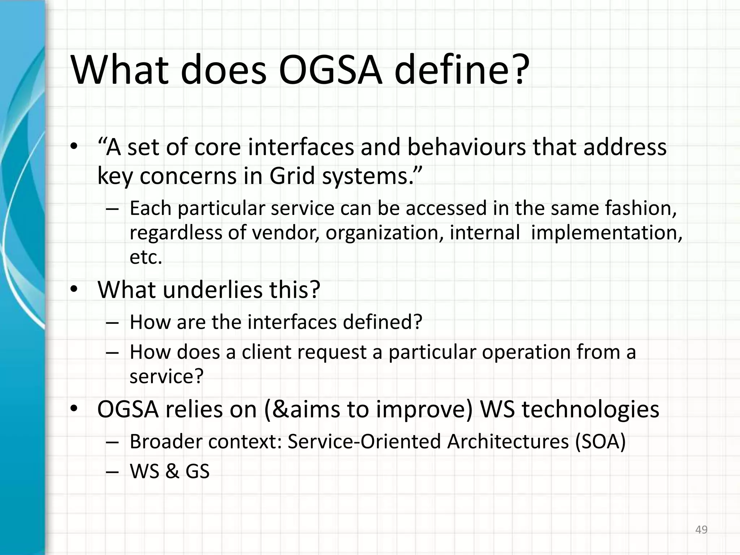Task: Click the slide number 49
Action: (701, 530)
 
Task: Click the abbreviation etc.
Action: (146, 257)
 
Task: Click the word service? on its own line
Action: (167, 377)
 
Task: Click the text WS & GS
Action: (169, 471)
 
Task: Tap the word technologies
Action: (590, 410)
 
